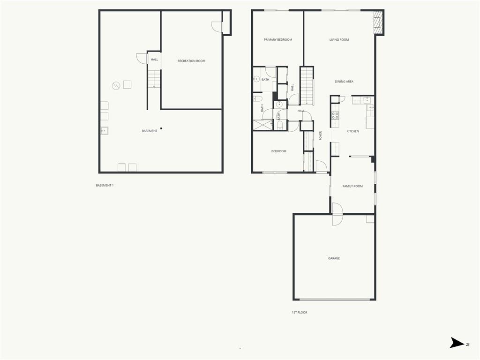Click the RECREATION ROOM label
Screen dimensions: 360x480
click(191, 61)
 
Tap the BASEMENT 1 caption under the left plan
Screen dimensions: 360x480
click(105, 186)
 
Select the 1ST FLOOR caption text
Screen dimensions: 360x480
click(300, 313)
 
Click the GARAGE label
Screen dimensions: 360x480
click(334, 258)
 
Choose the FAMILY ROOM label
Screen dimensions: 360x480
click(352, 187)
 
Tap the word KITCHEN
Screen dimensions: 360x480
click(352, 131)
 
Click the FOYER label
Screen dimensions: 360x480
click(321, 135)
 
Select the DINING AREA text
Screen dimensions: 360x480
click(344, 82)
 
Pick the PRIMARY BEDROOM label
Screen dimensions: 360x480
click(277, 40)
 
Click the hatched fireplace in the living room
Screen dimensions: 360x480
click(378, 22)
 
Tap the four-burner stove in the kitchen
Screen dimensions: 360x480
click(335, 115)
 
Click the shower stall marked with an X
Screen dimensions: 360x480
click(262, 125)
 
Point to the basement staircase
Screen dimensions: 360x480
click(154, 79)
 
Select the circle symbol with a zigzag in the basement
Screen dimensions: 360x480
click(116, 86)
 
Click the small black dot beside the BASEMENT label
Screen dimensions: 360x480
click(161, 128)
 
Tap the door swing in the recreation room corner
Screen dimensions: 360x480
click(217, 27)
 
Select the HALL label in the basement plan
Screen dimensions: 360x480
click(154, 60)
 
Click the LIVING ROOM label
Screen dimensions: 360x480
click(339, 40)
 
